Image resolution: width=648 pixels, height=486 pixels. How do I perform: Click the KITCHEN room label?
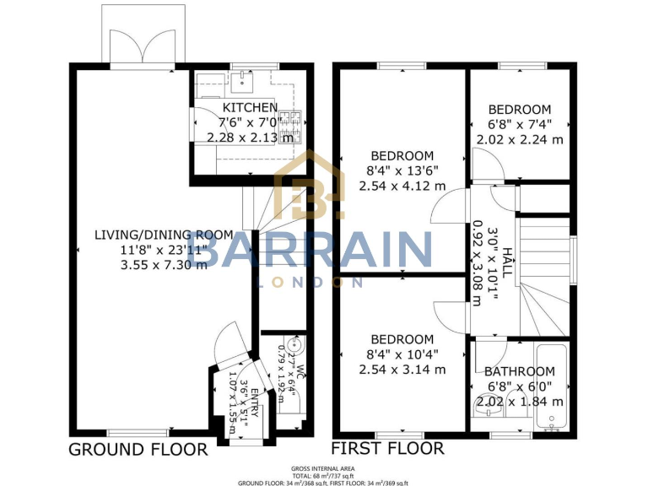click(249, 108)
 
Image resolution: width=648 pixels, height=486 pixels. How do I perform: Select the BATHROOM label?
click(519, 371)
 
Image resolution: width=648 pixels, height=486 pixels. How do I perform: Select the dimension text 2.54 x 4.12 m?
click(402, 186)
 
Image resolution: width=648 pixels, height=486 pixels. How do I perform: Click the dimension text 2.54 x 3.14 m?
click(402, 369)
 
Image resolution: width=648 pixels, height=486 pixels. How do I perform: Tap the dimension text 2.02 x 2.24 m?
click(520, 140)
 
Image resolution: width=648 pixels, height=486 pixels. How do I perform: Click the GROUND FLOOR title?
click(138, 448)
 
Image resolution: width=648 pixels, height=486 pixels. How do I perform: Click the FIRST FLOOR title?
click(387, 448)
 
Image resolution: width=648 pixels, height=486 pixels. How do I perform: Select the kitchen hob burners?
click(289, 127)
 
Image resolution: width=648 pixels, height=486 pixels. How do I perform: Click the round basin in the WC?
click(293, 344)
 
